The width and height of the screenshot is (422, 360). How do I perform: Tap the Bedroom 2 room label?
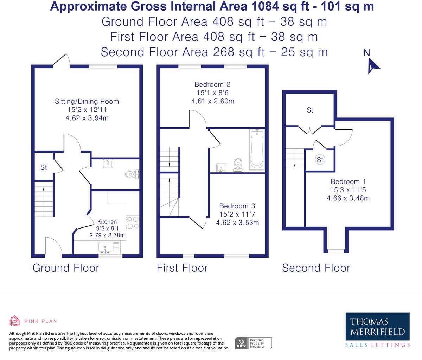[212, 85]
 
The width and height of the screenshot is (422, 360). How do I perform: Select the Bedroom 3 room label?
[237, 206]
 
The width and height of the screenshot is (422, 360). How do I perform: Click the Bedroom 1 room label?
[348, 182]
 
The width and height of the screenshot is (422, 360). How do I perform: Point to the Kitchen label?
[107, 222]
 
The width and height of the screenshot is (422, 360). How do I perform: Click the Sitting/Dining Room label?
[87, 102]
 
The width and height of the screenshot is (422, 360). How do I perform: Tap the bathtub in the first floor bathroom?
[257, 150]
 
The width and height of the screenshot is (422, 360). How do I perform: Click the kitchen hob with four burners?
[133, 223]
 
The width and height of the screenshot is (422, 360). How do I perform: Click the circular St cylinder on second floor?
[320, 160]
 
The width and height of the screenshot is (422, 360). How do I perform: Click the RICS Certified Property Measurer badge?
[253, 343]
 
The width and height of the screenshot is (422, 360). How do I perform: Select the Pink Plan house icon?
[15, 321]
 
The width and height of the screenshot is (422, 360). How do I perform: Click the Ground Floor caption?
[66, 268]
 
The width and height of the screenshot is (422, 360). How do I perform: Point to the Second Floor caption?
[316, 268]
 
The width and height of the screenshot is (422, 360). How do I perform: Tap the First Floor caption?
[182, 268]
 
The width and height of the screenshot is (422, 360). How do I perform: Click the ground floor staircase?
[44, 199]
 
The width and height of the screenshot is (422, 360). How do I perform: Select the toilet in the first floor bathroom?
[238, 165]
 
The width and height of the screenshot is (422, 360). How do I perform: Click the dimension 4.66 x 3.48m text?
[348, 198]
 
